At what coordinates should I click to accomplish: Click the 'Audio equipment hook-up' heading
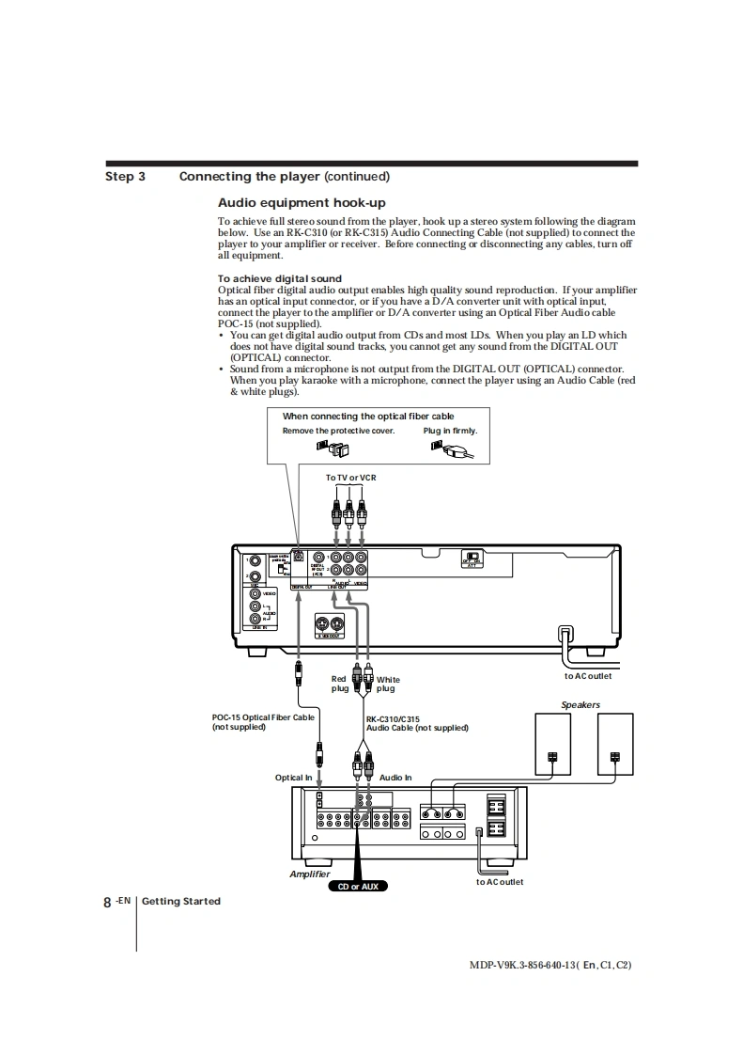pos(302,203)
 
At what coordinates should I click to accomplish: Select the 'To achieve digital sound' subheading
pos(280,278)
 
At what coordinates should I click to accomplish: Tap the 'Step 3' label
pos(125,177)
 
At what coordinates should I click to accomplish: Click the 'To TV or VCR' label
pos(350,478)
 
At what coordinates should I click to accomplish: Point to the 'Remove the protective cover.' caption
pos(338,432)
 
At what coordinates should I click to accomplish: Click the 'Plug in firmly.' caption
pos(450,432)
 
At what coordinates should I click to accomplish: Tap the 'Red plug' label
pos(340,684)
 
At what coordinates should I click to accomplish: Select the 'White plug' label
pos(387,684)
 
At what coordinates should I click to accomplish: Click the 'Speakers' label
pos(580,704)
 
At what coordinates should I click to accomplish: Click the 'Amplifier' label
pos(310,874)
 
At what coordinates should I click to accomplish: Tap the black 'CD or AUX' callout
pos(357,886)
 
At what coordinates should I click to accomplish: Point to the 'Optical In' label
pos(293,778)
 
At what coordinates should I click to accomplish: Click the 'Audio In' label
pos(395,778)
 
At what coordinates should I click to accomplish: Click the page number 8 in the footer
pos(107,902)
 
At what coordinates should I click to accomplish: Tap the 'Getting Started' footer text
pos(181,902)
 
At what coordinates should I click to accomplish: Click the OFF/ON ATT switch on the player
pos(475,559)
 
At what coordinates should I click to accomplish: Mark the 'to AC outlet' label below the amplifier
pos(500,882)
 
